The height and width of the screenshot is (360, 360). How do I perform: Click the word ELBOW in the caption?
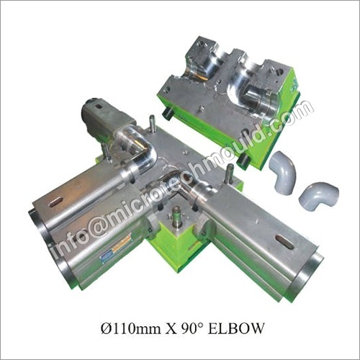tap(235, 328)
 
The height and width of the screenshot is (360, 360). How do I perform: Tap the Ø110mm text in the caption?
tap(131, 328)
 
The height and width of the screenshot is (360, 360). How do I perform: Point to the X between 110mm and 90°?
tap(171, 328)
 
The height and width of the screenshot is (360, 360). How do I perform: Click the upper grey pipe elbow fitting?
tap(282, 171)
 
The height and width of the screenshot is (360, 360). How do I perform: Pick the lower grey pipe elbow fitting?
tap(318, 195)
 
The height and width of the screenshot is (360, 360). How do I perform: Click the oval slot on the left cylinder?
tap(56, 202)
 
